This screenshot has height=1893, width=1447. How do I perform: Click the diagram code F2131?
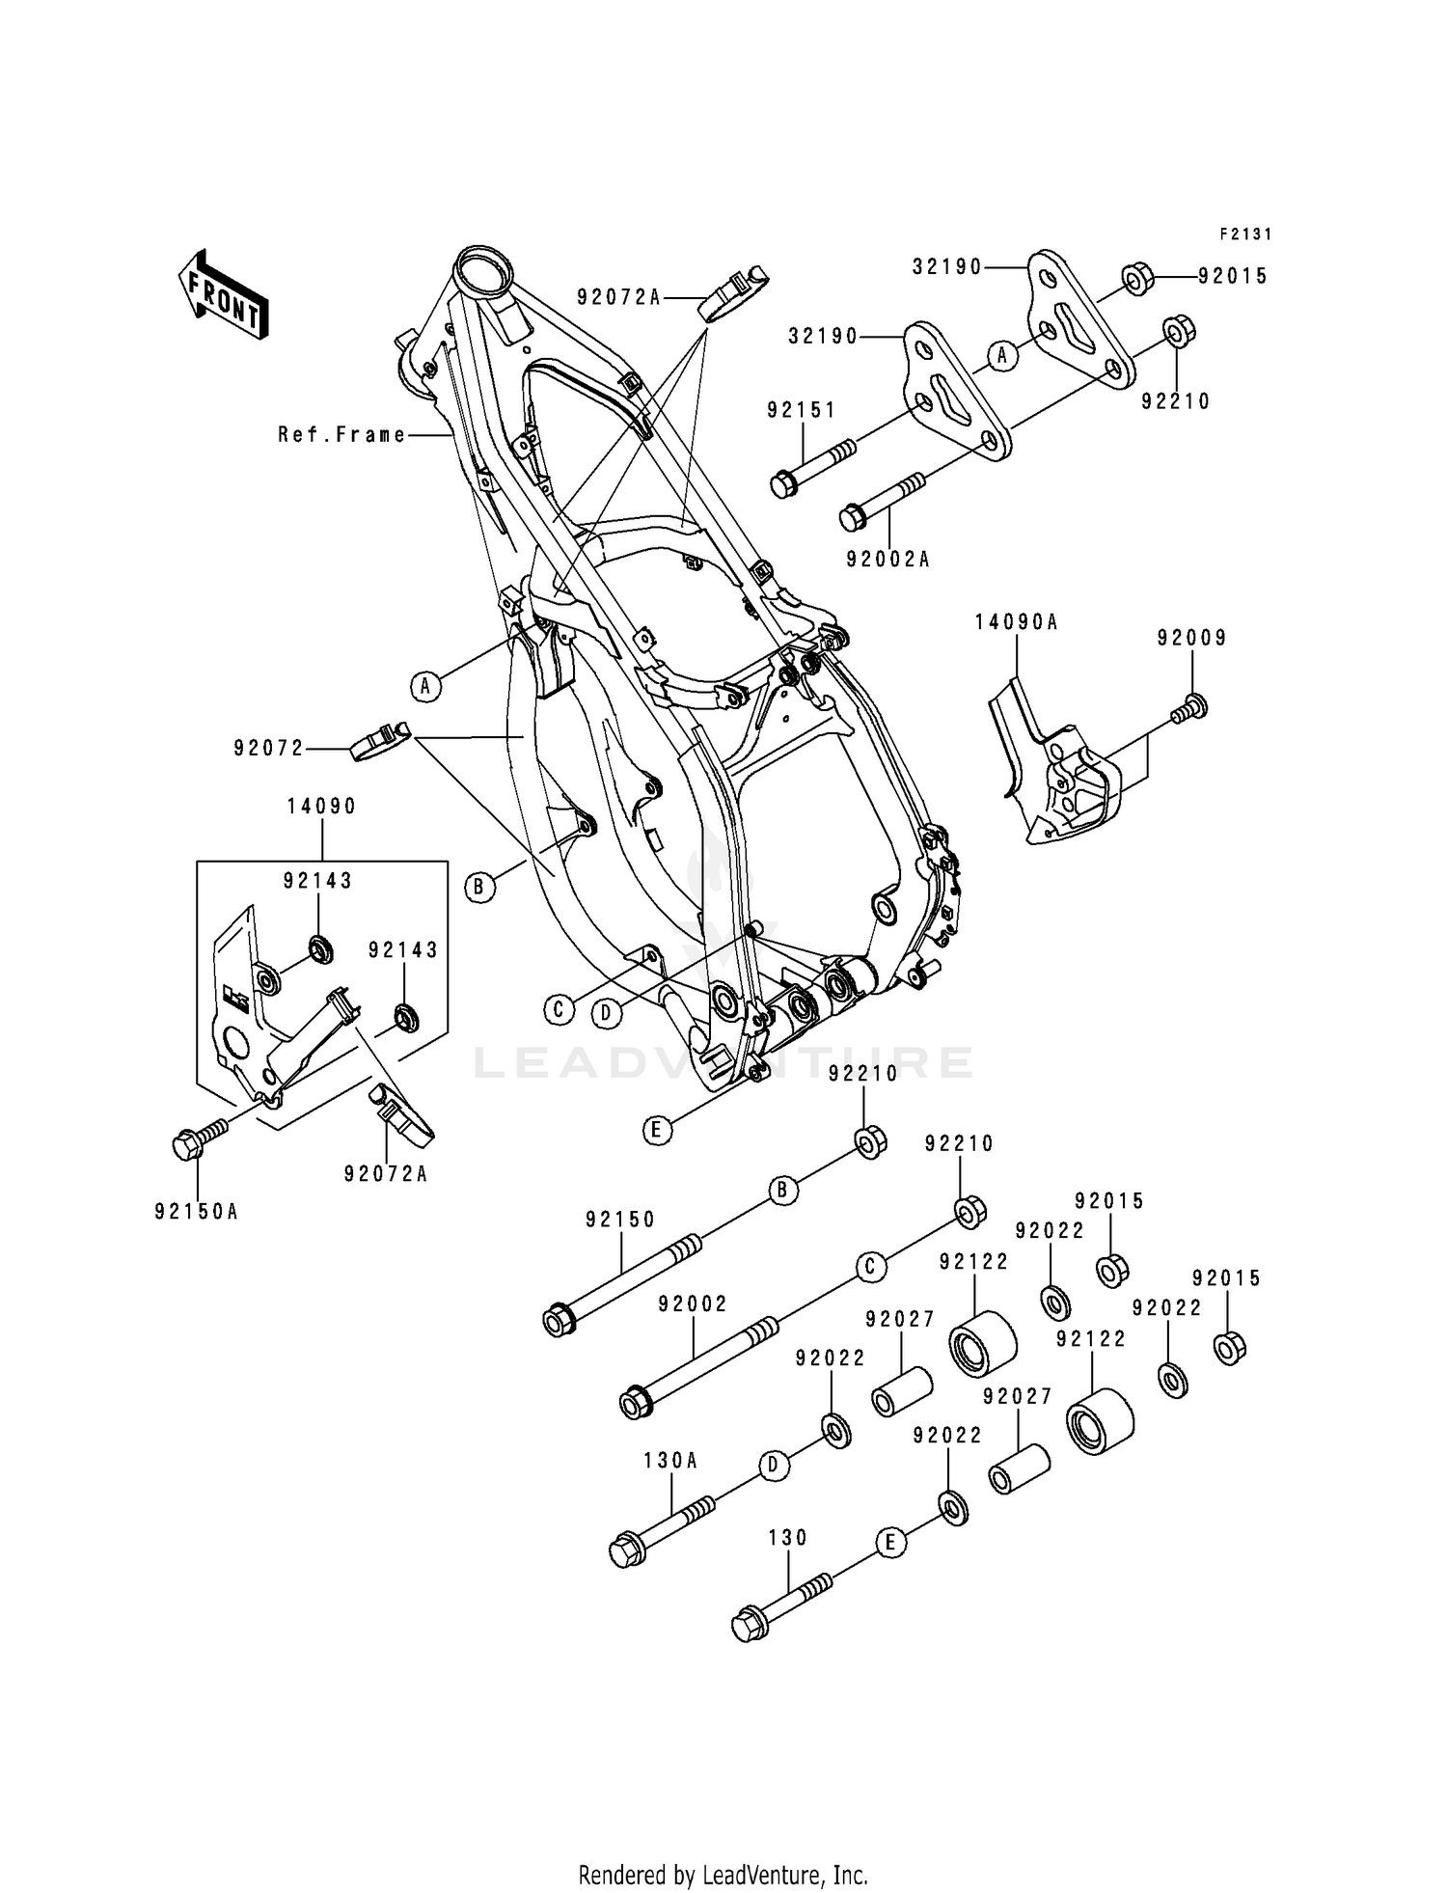coord(1245,233)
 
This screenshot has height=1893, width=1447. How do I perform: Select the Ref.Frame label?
coord(342,435)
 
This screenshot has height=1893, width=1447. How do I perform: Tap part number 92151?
coord(802,410)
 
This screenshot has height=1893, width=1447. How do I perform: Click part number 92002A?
coord(887,560)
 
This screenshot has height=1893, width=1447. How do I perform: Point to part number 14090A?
coord(1016,623)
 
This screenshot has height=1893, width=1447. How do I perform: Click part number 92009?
coord(1192,638)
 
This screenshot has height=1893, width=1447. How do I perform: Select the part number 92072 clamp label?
coord(268,748)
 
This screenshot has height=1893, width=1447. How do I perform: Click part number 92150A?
coord(196,1211)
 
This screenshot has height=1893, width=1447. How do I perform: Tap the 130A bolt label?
coord(670,1461)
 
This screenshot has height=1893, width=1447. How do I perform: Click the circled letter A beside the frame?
coord(424,687)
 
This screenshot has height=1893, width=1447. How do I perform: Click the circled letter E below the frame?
coord(656,1130)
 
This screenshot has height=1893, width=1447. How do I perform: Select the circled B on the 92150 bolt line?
coord(782,1192)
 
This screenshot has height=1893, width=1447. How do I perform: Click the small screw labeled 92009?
coord(1192,707)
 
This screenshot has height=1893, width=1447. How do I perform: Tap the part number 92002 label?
coord(693,1304)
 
